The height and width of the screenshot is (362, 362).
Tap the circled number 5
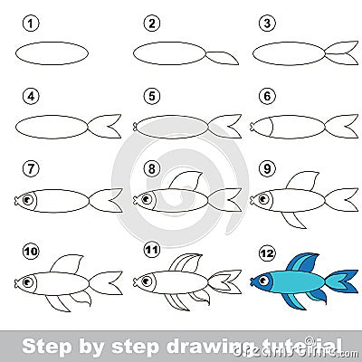point(151,93)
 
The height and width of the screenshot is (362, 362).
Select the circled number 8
point(151,167)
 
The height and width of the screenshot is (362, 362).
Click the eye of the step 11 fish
point(148,271)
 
